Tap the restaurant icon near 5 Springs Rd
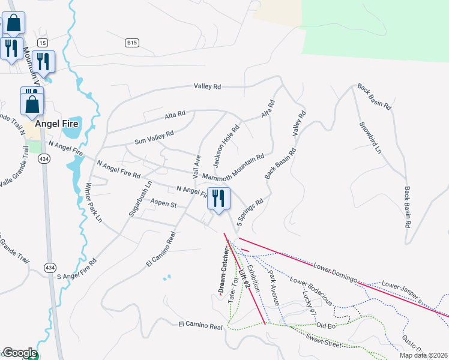218,199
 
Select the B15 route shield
132,43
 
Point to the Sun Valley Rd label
154,137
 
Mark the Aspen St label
163,205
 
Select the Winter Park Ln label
93,202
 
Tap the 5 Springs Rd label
250,212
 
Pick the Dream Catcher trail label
221,269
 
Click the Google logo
20,353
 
